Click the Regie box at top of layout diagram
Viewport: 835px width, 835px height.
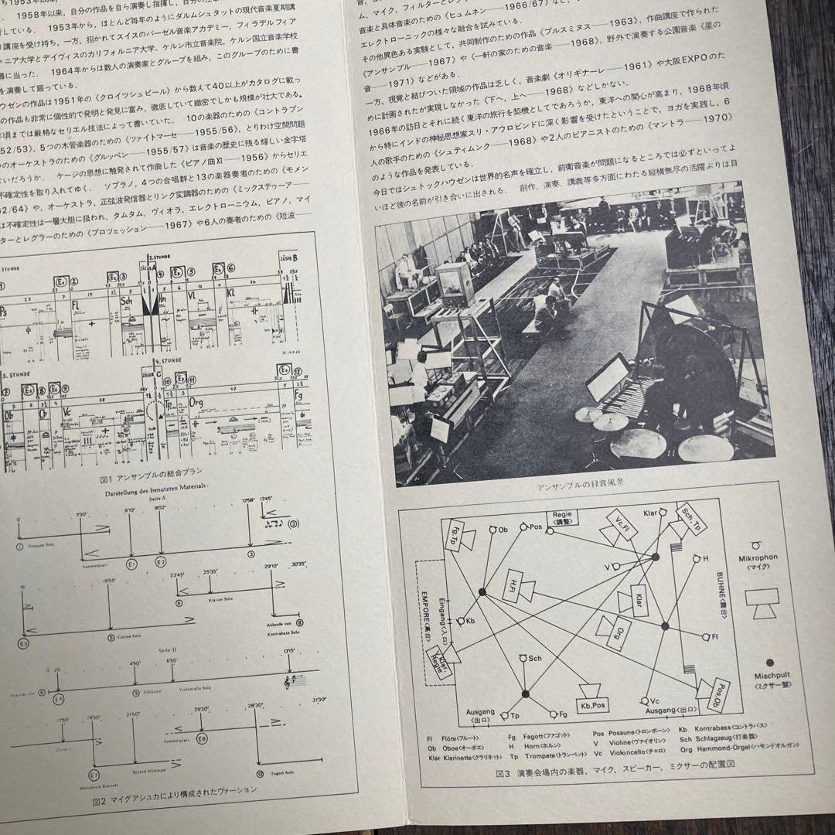[564, 518]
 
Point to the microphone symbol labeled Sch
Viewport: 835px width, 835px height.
[524, 658]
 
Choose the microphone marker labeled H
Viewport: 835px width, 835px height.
[694, 558]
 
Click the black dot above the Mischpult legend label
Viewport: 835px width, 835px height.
[769, 663]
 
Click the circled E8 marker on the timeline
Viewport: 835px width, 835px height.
[201, 739]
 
